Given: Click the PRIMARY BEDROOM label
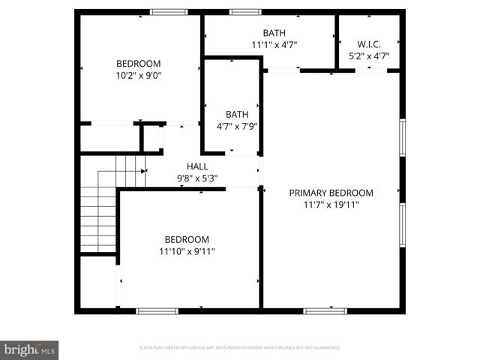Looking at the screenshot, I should (331, 193).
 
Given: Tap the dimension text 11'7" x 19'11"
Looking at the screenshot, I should (331, 204).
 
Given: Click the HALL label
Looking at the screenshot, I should (197, 166).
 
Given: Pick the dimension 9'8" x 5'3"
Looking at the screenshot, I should (197, 178).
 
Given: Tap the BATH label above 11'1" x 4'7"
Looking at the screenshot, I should (274, 33).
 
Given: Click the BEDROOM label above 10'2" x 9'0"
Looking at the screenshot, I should (139, 64).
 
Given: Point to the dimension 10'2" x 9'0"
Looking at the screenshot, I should (139, 75).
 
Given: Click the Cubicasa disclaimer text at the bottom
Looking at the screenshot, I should (240, 348).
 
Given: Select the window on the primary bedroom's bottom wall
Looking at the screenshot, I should (325, 310).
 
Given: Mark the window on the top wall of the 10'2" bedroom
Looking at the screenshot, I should (169, 12).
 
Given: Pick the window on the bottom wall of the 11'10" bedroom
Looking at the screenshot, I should (157, 310).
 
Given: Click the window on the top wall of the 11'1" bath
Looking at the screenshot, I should (245, 12).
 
